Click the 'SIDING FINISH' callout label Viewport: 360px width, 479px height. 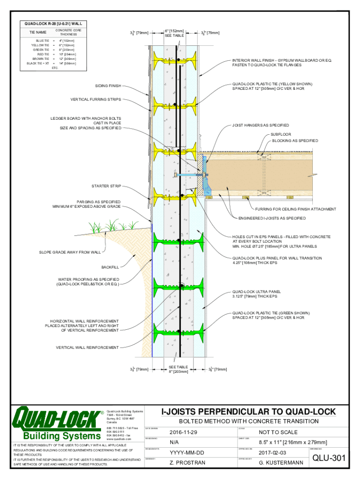[x=108, y=86]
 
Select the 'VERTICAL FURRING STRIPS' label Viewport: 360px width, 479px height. [x=96, y=100]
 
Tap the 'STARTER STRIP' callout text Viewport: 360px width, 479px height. [x=106, y=186]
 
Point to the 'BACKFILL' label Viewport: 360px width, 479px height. [x=110, y=267]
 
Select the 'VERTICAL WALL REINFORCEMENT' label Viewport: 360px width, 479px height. [x=87, y=348]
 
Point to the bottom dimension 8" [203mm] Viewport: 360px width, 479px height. [x=178, y=372]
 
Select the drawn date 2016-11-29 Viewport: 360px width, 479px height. [x=183, y=432]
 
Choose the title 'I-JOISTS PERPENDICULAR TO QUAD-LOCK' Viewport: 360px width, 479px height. [x=248, y=412]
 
